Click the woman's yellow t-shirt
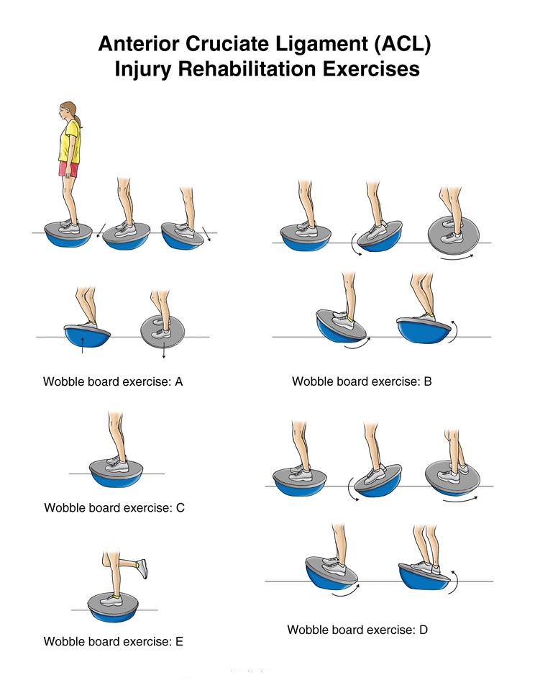70,142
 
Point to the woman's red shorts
69,169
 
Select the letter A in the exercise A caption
178,381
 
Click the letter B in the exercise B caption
428,381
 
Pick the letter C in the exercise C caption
180,508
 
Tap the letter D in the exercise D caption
424,630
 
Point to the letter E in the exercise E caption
179,641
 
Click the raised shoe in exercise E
142,569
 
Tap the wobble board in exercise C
116,472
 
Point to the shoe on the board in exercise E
111,600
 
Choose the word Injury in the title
142,70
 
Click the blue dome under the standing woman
68,239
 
